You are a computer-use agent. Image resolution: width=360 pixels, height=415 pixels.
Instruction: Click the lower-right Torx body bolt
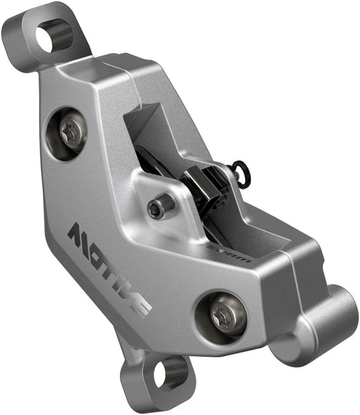tap(221, 315)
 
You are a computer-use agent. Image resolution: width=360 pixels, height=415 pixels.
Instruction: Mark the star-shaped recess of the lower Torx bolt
tap(221, 315)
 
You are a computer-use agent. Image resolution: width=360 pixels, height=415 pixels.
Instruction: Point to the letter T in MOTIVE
tap(105, 264)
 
